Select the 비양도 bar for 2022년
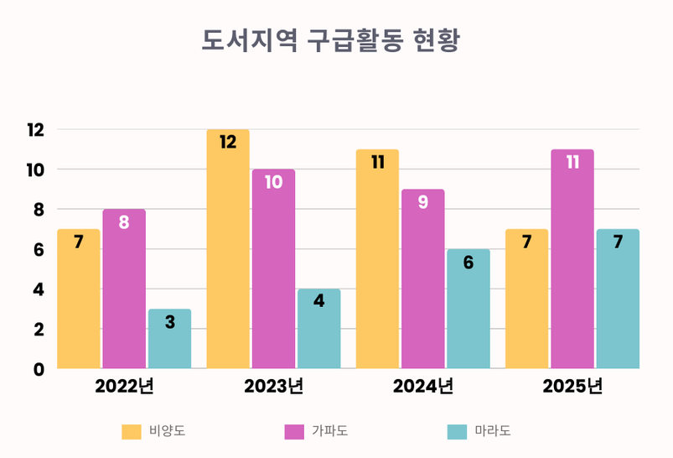click(79, 299)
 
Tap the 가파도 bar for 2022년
click(124, 289)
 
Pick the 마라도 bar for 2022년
click(169, 339)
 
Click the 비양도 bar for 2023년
click(228, 249)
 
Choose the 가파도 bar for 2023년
click(273, 268)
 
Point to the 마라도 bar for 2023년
click(318, 329)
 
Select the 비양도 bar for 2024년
click(377, 259)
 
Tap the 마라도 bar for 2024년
click(468, 309)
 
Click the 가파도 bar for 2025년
click(572, 259)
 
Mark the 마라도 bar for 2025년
click(618, 299)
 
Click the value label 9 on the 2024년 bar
click(422, 202)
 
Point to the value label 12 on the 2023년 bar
click(228, 143)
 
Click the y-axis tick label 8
click(39, 210)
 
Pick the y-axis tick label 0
click(39, 369)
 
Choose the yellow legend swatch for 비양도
click(132, 432)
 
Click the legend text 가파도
click(329, 432)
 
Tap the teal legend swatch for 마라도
click(457, 432)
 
